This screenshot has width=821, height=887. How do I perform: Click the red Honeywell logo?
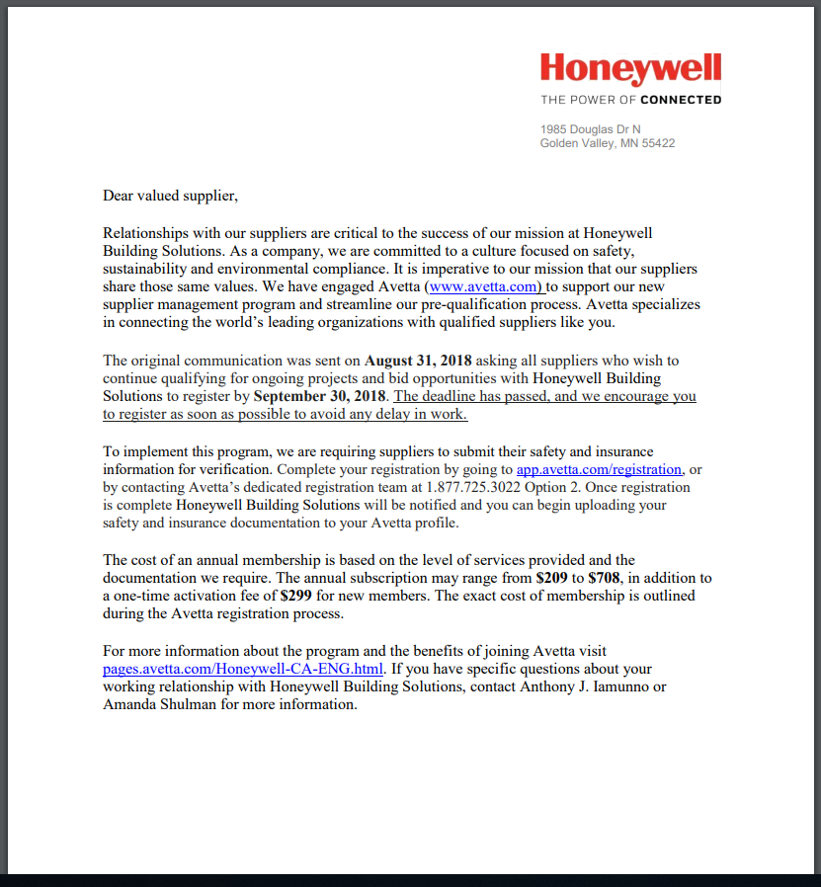coord(630,68)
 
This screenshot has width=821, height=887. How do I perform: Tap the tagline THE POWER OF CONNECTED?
coord(630,100)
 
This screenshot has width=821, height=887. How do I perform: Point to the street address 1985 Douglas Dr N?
coord(590,129)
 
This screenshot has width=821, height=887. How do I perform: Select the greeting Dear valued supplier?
coord(170,196)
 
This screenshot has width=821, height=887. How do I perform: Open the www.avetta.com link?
coord(485,286)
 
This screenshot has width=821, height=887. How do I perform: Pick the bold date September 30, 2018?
coord(319,396)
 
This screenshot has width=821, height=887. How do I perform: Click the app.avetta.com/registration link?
coord(599,469)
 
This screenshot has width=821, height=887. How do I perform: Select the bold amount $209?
coord(551,578)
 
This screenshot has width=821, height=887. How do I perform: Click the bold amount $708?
coord(605,578)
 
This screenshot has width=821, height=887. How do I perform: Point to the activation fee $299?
coord(297,596)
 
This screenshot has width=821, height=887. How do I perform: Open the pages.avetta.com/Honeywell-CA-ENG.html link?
coord(243,669)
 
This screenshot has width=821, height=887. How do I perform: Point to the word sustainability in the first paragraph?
coord(146,269)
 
